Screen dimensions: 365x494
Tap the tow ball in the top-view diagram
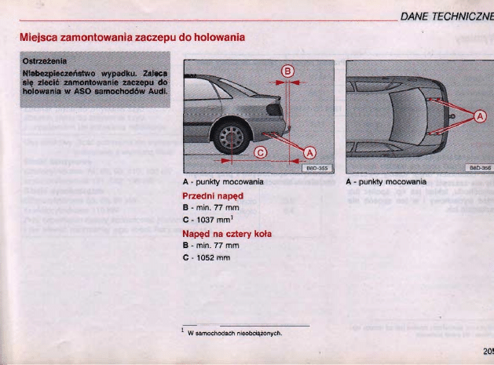pyautogui.click(x=452, y=118)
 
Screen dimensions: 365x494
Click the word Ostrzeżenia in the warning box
pyautogui.click(x=44, y=60)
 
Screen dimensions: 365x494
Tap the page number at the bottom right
pyautogui.click(x=487, y=351)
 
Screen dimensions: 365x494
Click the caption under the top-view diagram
pyautogui.click(x=386, y=181)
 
